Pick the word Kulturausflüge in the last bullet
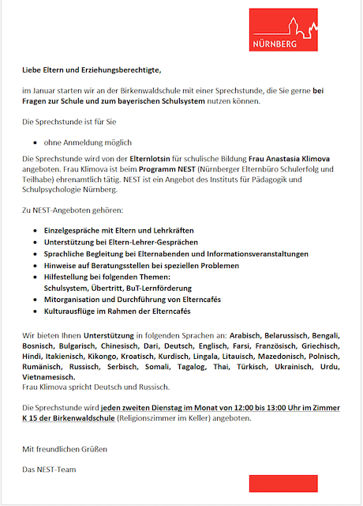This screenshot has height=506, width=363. (73, 312)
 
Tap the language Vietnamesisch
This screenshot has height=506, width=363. (52, 377)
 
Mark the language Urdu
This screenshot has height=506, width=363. (328, 367)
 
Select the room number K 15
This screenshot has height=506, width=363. (32, 417)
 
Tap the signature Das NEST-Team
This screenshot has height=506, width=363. (51, 470)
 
